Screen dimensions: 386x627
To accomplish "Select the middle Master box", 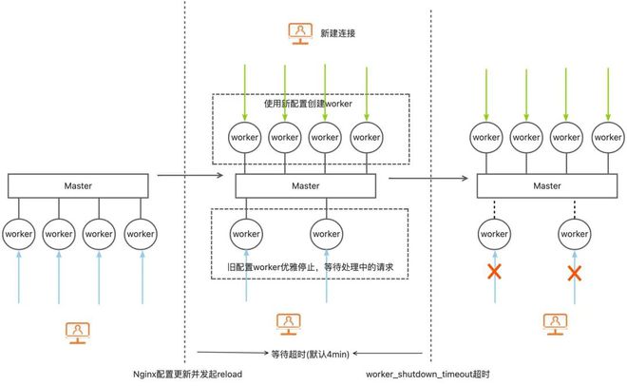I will pyautogui.click(x=306, y=185).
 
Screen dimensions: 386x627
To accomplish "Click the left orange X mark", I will pyautogui.click(x=494, y=273).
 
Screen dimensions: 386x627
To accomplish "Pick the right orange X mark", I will pyautogui.click(x=574, y=273).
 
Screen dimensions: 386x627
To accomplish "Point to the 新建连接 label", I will pyautogui.click(x=337, y=33).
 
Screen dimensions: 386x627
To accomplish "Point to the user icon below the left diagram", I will pyautogui.click(x=78, y=331).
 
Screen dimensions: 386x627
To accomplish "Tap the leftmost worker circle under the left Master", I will pyautogui.click(x=18, y=232).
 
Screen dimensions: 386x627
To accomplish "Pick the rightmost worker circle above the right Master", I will pyautogui.click(x=608, y=137).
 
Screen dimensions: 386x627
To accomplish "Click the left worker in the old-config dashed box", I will pyautogui.click(x=246, y=232).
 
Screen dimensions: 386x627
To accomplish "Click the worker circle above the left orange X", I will pyautogui.click(x=494, y=232).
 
